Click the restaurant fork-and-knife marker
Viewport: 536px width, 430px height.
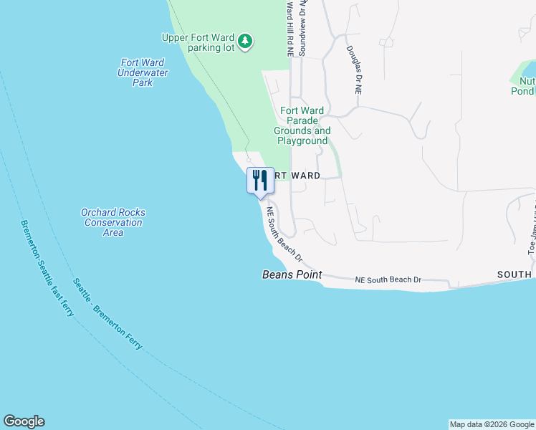(260, 180)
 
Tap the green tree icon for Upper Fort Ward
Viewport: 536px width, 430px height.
(246, 41)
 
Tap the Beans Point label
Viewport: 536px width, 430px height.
(292, 274)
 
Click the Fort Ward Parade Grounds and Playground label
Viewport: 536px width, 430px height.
(302, 125)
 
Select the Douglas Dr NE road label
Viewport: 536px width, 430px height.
(354, 71)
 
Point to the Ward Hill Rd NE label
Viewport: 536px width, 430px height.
(290, 29)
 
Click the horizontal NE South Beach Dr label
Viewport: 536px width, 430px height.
(388, 279)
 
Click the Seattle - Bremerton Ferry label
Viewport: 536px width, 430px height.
(107, 313)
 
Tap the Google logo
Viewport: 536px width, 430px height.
(24, 421)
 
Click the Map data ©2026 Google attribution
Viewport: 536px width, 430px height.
(492, 424)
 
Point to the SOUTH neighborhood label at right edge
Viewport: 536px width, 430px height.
(515, 274)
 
